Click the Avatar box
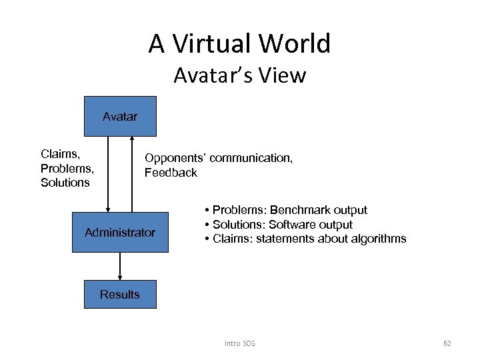[x=120, y=117]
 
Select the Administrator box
[x=120, y=233]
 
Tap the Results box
[x=120, y=294]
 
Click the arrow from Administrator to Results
[x=120, y=266]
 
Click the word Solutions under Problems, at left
[x=65, y=182]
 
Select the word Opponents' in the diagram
[x=175, y=159]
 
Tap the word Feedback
[x=171, y=173]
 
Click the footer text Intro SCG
[x=240, y=343]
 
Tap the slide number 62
[x=447, y=343]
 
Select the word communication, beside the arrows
[x=251, y=159]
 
